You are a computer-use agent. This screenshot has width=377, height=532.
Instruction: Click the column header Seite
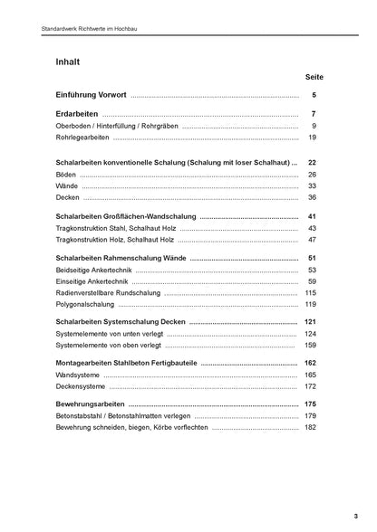(314, 79)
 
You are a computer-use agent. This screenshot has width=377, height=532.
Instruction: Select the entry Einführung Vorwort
(91, 95)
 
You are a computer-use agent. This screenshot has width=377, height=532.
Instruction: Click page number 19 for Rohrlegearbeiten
(312, 138)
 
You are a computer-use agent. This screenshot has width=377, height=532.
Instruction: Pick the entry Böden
(65, 174)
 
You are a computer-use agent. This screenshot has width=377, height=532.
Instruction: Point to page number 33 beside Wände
(312, 185)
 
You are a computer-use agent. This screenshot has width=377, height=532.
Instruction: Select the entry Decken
(67, 197)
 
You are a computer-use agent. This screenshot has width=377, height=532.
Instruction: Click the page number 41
(312, 217)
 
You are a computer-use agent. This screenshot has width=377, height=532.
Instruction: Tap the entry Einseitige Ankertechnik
(96, 281)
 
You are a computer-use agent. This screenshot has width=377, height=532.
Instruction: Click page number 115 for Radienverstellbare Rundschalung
(310, 293)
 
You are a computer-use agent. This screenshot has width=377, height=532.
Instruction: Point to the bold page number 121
(310, 323)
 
